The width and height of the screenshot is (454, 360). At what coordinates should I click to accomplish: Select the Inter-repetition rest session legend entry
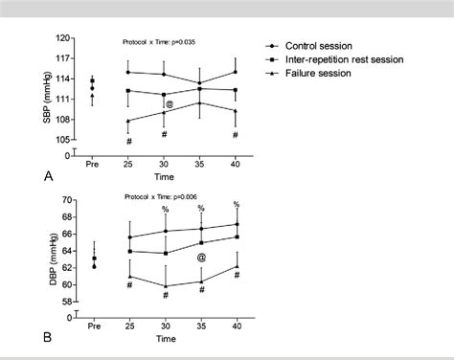point(347,59)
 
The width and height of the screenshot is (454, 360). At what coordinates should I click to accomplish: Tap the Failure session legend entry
point(319,74)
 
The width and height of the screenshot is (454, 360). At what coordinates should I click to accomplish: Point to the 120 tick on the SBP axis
point(64,39)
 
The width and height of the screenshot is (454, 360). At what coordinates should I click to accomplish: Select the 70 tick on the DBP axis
point(67,200)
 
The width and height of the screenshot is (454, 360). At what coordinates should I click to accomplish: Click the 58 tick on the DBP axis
point(67,302)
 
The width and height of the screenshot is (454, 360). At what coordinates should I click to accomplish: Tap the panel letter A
point(47,175)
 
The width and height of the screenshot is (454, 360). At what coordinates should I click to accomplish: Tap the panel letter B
point(47,337)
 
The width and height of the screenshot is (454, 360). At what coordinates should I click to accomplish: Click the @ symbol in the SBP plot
point(169,104)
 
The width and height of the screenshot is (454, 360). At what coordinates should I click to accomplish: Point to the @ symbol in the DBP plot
point(201,258)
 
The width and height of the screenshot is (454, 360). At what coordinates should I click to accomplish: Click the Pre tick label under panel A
point(92,165)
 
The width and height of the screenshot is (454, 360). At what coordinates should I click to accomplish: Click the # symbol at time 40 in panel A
point(236,135)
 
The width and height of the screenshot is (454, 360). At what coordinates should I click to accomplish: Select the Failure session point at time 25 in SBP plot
point(128,121)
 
